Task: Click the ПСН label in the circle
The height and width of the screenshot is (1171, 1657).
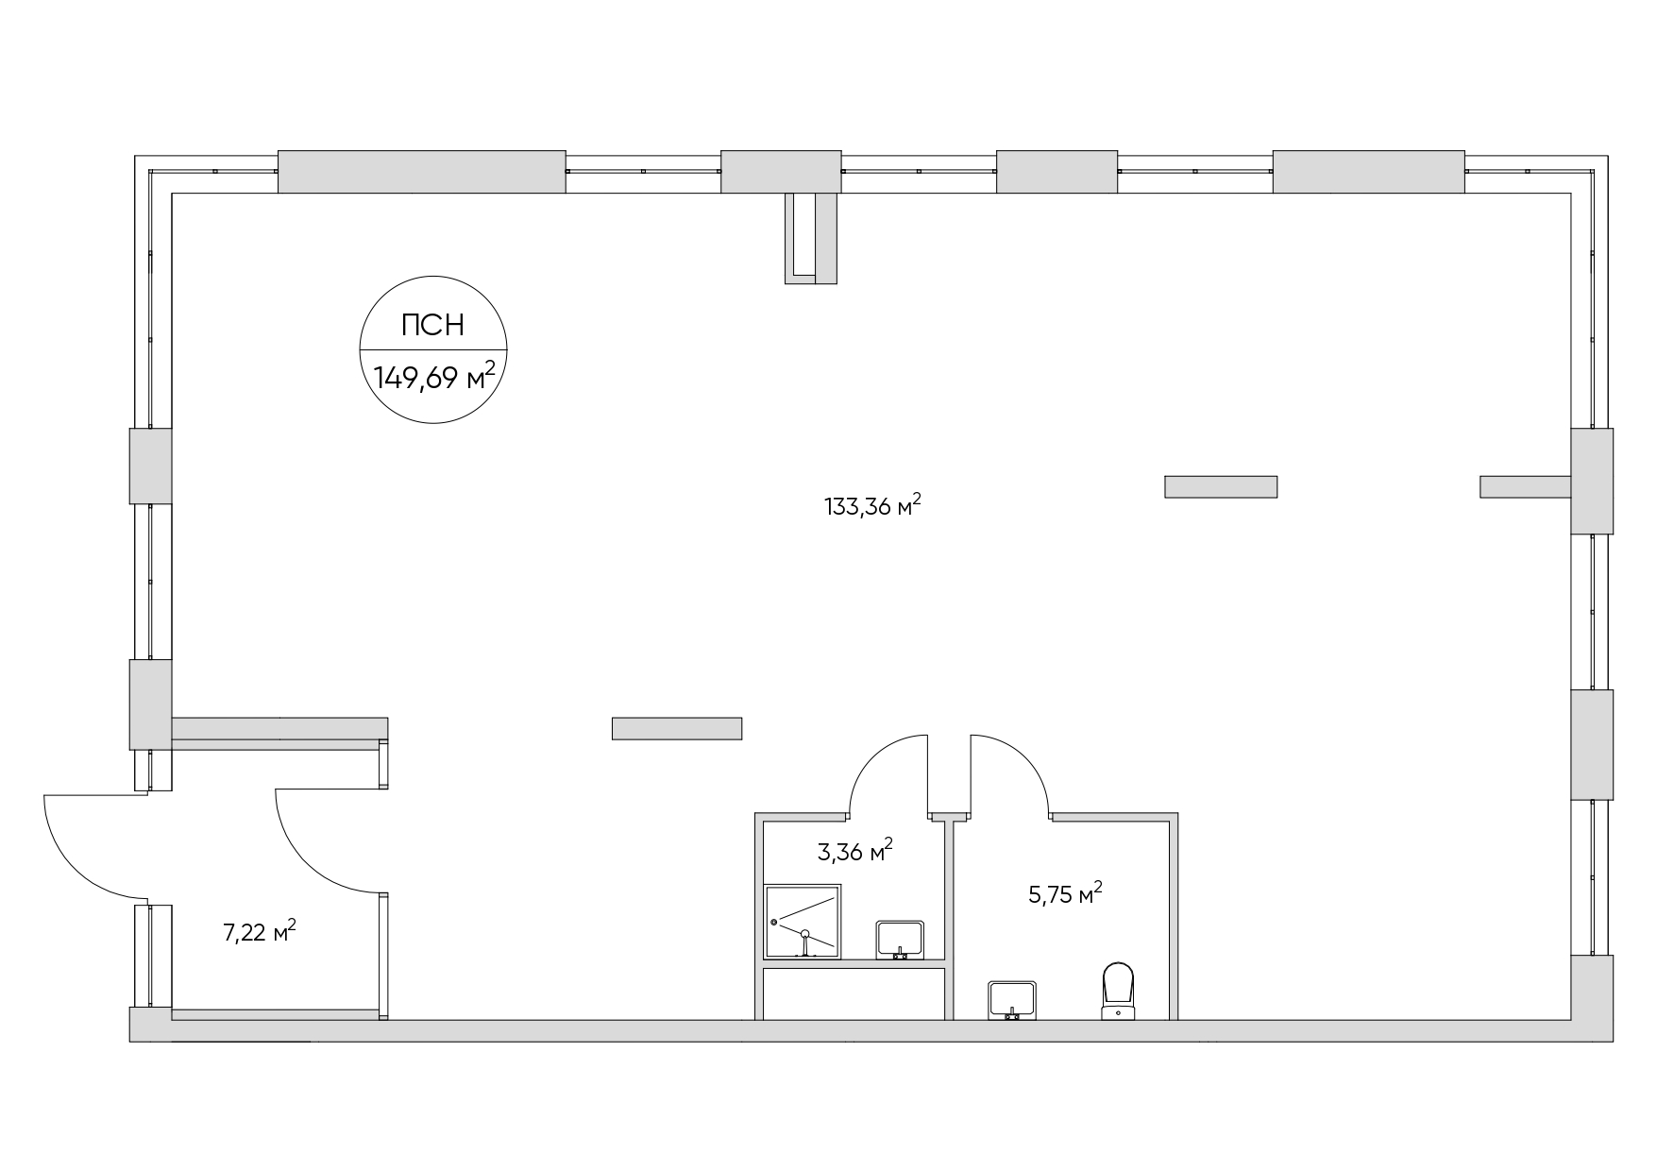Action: [433, 326]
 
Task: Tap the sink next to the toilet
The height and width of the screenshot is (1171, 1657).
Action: [1012, 999]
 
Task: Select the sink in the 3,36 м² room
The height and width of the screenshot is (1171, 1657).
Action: [901, 940]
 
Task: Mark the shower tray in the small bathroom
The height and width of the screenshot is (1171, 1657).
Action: [802, 921]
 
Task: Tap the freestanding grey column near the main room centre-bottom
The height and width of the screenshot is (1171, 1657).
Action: [676, 728]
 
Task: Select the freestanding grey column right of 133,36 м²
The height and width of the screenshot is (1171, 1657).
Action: [1220, 486]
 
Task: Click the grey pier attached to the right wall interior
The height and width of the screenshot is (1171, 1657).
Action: [1524, 486]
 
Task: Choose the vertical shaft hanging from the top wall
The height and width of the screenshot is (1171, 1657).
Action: [811, 237]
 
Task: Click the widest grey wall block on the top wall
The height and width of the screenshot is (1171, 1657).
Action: [421, 172]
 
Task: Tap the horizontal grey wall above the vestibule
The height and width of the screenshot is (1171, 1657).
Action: [279, 728]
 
